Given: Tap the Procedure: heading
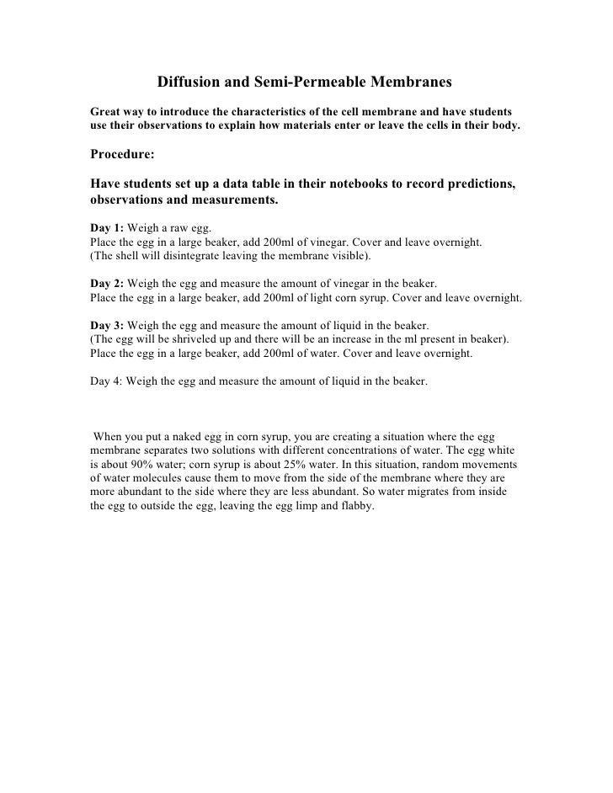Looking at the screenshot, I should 122,155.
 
